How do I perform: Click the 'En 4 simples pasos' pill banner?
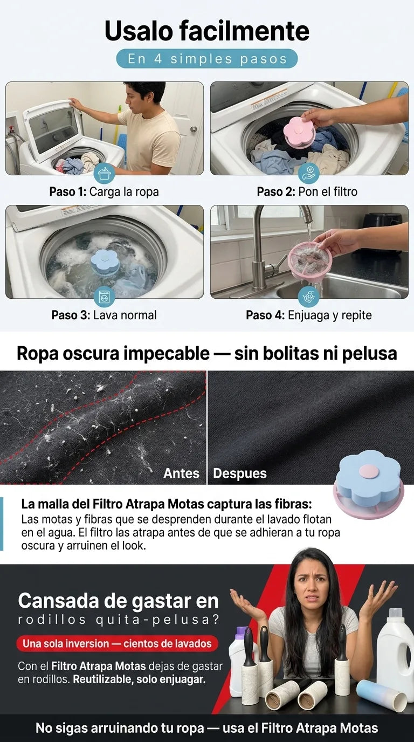(x=206, y=59)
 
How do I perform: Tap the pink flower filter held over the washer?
(x=299, y=132)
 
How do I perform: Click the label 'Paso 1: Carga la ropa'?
(x=104, y=191)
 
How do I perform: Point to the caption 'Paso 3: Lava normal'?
(x=104, y=315)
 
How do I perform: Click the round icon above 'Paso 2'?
(x=309, y=173)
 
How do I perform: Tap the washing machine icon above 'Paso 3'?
(x=105, y=297)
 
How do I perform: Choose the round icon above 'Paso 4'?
(x=309, y=297)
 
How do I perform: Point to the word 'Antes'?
(x=181, y=473)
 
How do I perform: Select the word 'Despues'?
(x=240, y=473)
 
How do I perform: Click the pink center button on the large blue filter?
(x=367, y=471)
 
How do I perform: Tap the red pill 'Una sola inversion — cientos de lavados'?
(x=117, y=643)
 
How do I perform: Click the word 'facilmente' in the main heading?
(x=244, y=31)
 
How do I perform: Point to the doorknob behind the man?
(x=194, y=129)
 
